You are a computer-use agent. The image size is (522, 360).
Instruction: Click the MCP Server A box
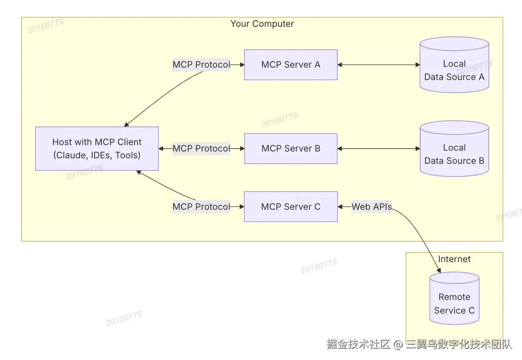coord(291,65)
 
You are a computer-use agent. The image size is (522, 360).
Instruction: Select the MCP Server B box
coord(291,149)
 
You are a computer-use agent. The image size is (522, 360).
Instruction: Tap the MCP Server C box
coord(291,207)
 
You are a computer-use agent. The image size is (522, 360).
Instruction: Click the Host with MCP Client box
coord(97,149)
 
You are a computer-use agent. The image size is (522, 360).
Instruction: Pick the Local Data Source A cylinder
coord(454,65)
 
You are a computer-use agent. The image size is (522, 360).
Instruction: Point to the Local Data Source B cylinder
coord(454,149)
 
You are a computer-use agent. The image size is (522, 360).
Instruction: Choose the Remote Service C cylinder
coord(454,298)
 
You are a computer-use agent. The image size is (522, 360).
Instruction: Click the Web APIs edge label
coord(372,207)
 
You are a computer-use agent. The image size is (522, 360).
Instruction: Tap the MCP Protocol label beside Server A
coord(201,65)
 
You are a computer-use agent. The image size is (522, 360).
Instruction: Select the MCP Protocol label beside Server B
coord(201,149)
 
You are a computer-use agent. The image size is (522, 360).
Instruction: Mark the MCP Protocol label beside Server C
coord(201,207)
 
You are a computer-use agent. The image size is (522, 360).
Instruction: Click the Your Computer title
coord(262,24)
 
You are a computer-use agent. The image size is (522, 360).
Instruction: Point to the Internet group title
coord(454,259)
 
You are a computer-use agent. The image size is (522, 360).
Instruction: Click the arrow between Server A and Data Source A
coord(379,65)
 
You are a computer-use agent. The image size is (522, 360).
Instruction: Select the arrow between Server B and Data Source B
coord(379,149)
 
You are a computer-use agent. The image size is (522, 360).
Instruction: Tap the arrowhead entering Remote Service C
coord(439,270)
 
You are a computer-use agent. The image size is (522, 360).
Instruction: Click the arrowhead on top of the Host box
coord(126,124)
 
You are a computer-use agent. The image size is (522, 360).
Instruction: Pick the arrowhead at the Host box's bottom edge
coord(139,172)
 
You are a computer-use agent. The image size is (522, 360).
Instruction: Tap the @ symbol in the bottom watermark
coord(398,344)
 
